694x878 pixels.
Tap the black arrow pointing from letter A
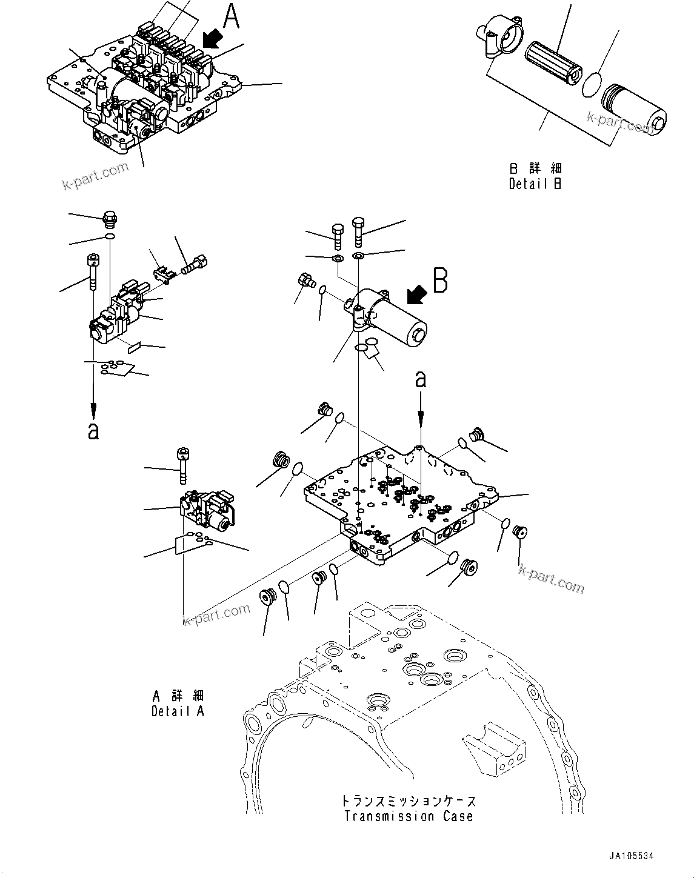(x=212, y=40)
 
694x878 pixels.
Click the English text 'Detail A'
(x=178, y=711)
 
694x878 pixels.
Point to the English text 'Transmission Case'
(x=409, y=816)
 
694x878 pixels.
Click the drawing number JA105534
(x=632, y=856)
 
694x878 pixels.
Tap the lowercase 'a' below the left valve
(x=93, y=431)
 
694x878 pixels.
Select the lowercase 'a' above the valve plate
(x=421, y=380)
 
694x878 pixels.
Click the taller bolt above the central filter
(x=359, y=231)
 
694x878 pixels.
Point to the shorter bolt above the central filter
(x=338, y=236)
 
